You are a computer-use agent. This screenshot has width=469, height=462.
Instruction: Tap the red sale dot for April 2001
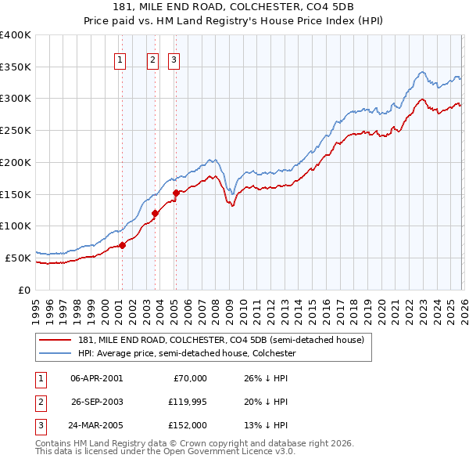(x=122, y=245)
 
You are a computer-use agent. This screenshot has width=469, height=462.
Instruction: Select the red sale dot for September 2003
(x=156, y=213)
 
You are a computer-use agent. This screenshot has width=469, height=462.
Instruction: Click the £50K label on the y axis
(x=18, y=258)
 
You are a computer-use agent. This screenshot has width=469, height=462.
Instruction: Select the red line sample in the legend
(x=55, y=341)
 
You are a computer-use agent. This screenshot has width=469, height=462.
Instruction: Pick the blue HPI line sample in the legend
(x=55, y=353)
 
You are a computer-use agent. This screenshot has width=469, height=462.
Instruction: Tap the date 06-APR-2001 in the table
(x=96, y=378)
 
